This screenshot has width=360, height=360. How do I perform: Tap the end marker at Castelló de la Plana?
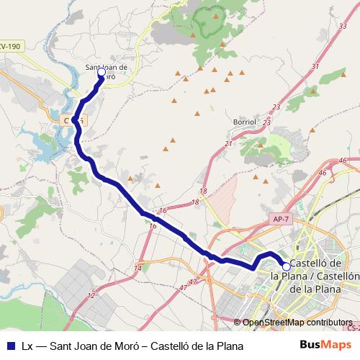click(x=286, y=266)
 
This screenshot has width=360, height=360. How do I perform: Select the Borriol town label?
click(x=245, y=122)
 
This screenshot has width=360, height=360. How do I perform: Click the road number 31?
click(x=314, y=66)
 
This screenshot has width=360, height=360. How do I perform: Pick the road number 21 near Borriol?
click(x=228, y=144)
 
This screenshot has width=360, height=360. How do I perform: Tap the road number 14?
click(x=138, y=268)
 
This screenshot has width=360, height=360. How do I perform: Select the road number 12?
click(x=91, y=295)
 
